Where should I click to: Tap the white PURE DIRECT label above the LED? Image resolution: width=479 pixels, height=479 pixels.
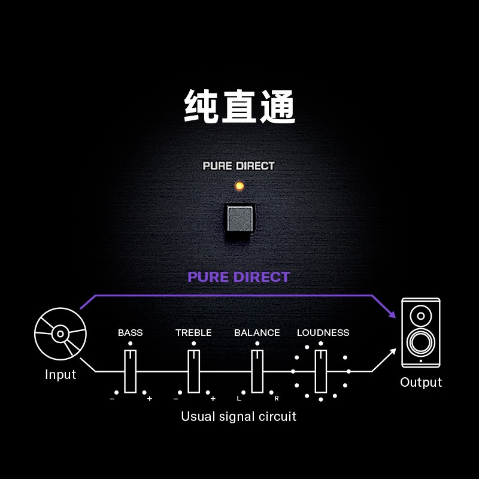pyautogui.click(x=238, y=166)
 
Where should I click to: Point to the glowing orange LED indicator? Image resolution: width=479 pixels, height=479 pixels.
pyautogui.click(x=239, y=186)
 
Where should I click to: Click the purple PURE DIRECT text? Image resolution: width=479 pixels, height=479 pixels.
pyautogui.click(x=238, y=277)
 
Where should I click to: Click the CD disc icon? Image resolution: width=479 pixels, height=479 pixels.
pyautogui.click(x=60, y=334)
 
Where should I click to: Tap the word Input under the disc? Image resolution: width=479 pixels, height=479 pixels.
pyautogui.click(x=60, y=375)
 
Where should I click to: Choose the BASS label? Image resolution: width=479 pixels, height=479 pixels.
pyautogui.click(x=130, y=333)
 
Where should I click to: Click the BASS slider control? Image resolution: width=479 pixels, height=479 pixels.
pyautogui.click(x=130, y=371)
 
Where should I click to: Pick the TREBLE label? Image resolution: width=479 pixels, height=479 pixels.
pyautogui.click(x=193, y=333)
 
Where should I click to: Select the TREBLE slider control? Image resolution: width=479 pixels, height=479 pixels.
pyautogui.click(x=193, y=371)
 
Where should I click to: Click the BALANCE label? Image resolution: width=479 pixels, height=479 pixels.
pyautogui.click(x=257, y=333)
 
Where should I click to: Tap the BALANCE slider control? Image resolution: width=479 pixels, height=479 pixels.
pyautogui.click(x=257, y=371)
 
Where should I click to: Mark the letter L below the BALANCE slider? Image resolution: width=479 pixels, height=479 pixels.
pyautogui.click(x=239, y=398)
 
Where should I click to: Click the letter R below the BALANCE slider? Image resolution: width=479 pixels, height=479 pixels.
pyautogui.click(x=277, y=398)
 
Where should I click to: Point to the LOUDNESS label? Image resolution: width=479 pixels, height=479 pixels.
pyautogui.click(x=323, y=333)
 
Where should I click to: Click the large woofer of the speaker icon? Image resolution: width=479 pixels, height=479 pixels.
pyautogui.click(x=420, y=342)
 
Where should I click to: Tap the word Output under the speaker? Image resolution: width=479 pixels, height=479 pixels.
pyautogui.click(x=420, y=383)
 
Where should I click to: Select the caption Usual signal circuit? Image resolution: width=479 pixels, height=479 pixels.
pyautogui.click(x=239, y=416)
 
